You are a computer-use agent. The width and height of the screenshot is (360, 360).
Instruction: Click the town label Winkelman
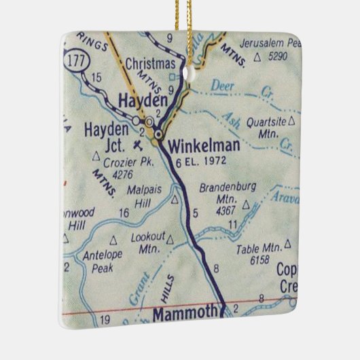point(198,145)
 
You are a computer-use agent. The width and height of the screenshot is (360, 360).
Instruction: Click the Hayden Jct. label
point(107,136)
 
